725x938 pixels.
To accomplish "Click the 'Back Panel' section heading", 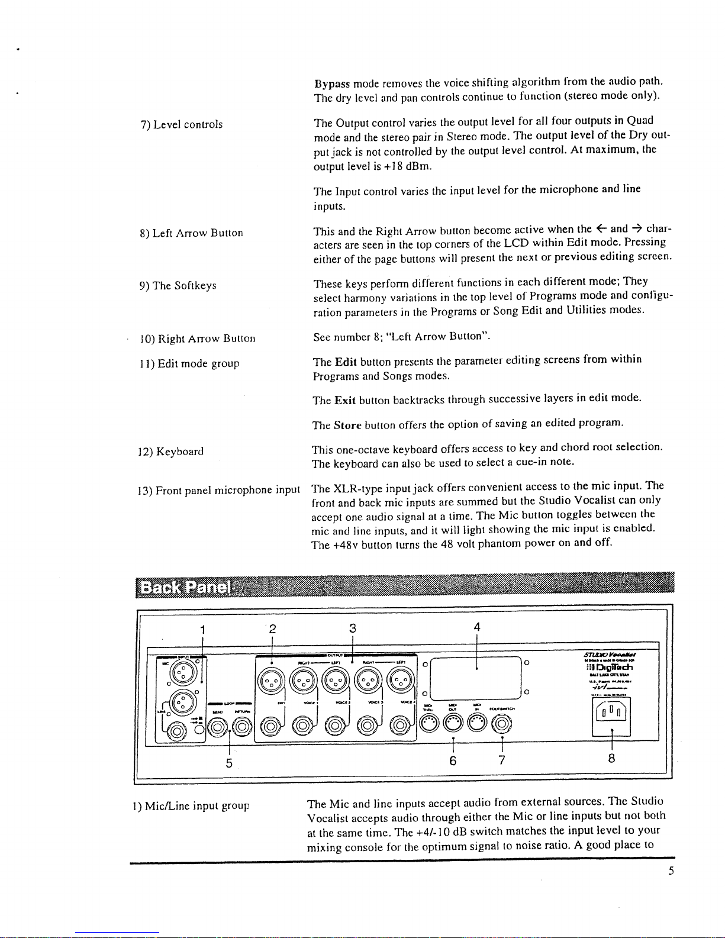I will (185, 588).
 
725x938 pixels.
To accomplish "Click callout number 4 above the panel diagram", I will (476, 627).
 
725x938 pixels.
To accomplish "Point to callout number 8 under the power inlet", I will (611, 759).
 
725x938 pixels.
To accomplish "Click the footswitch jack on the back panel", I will (502, 723).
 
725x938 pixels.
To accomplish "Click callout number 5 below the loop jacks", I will (228, 763).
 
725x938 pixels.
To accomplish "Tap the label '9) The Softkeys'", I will (178, 286).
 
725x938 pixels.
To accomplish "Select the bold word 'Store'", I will (347, 425).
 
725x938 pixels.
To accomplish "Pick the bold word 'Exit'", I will (344, 401).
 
